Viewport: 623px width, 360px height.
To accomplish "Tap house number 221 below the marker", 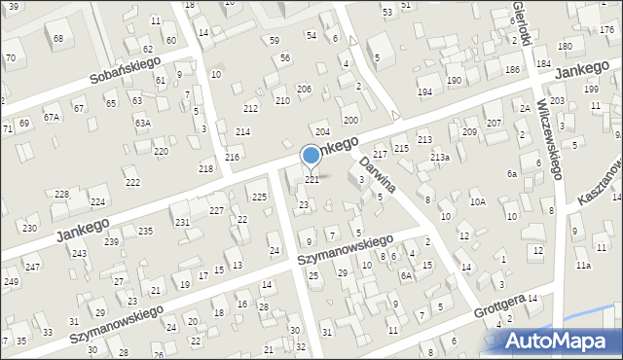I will pos(312,180).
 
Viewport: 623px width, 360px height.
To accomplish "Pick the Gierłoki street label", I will pos(523,21).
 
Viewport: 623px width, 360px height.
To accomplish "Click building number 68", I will pos(58,39).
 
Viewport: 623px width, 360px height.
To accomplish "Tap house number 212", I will pos(251,108).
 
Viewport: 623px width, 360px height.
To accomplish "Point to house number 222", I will pos(132,183).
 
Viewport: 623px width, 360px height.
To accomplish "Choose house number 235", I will pos(145,231).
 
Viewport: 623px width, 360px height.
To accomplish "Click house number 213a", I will pos(440,158).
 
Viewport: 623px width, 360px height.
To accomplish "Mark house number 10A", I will pos(477,202).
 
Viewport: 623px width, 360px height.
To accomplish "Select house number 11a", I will pos(582,265).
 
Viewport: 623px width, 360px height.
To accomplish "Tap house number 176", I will pos(606,30).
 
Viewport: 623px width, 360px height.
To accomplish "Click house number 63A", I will pos(142,124).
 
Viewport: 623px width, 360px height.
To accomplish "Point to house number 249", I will pos(11,282).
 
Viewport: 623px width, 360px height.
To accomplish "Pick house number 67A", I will pos(52,117).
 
